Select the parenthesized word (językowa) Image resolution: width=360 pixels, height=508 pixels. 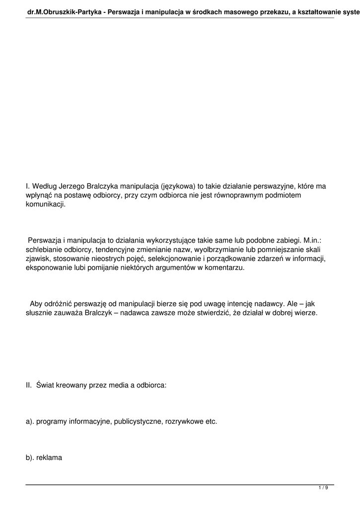(x=178, y=187)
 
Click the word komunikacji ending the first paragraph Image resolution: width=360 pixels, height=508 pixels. (x=45, y=204)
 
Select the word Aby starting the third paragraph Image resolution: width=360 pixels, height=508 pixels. (x=37, y=304)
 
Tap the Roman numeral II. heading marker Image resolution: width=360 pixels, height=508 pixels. (x=29, y=385)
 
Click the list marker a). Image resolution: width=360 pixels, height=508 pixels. (x=29, y=422)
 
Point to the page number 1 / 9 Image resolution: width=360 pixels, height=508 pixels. (x=323, y=488)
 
